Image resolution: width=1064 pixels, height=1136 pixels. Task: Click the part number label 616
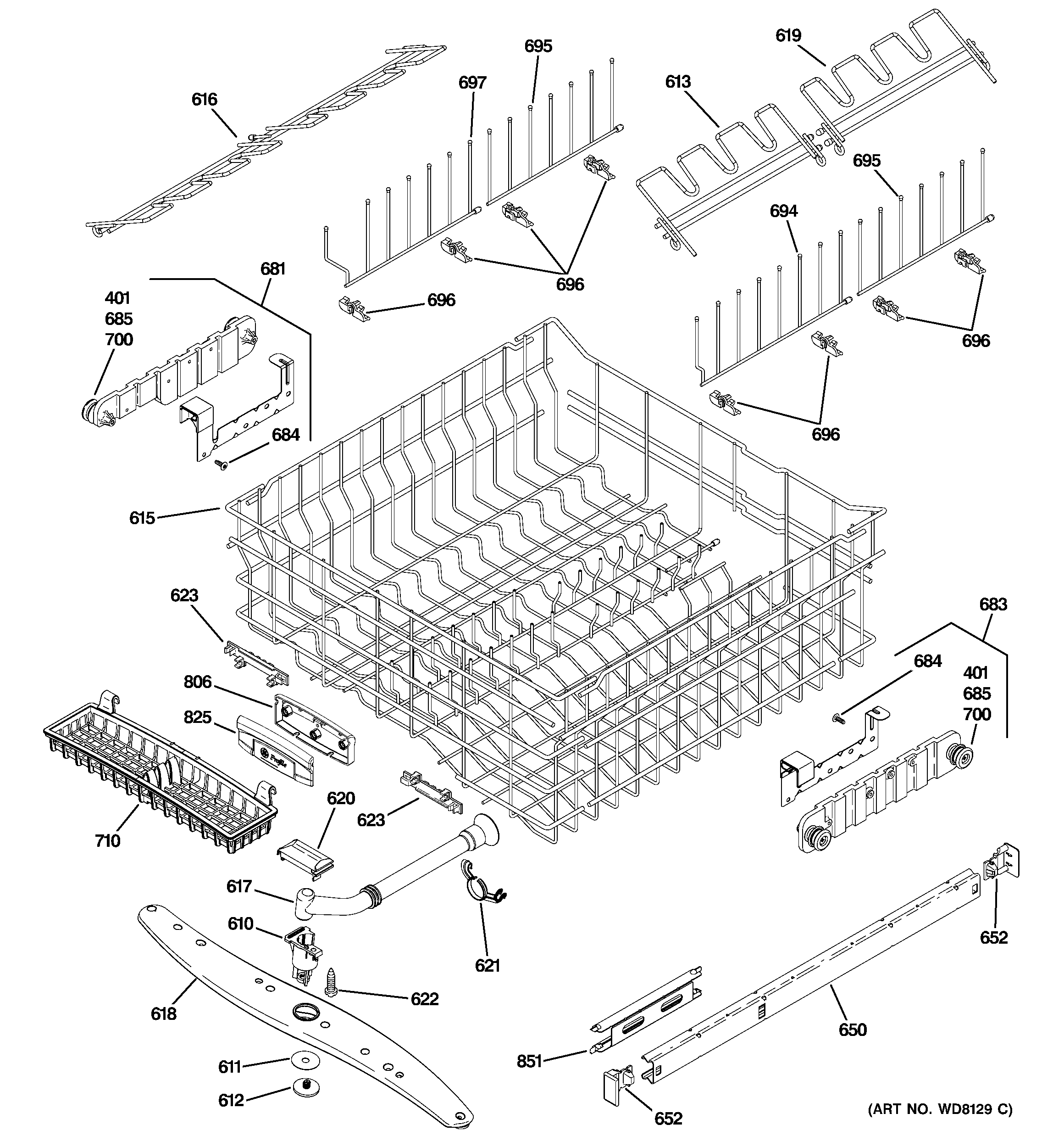204,100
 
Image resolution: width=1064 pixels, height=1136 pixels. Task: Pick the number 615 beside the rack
142,518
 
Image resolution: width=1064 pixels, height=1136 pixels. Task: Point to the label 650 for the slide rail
853,1030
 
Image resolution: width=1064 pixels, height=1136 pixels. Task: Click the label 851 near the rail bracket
529,1061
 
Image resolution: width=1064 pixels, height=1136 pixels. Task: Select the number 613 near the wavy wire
678,82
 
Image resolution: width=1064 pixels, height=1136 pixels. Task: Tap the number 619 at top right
788,35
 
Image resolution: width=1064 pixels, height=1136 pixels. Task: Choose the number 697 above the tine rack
472,83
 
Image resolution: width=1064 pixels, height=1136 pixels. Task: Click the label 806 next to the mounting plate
198,682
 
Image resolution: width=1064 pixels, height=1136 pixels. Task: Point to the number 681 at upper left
273,269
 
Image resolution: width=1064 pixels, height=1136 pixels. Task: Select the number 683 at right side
993,604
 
